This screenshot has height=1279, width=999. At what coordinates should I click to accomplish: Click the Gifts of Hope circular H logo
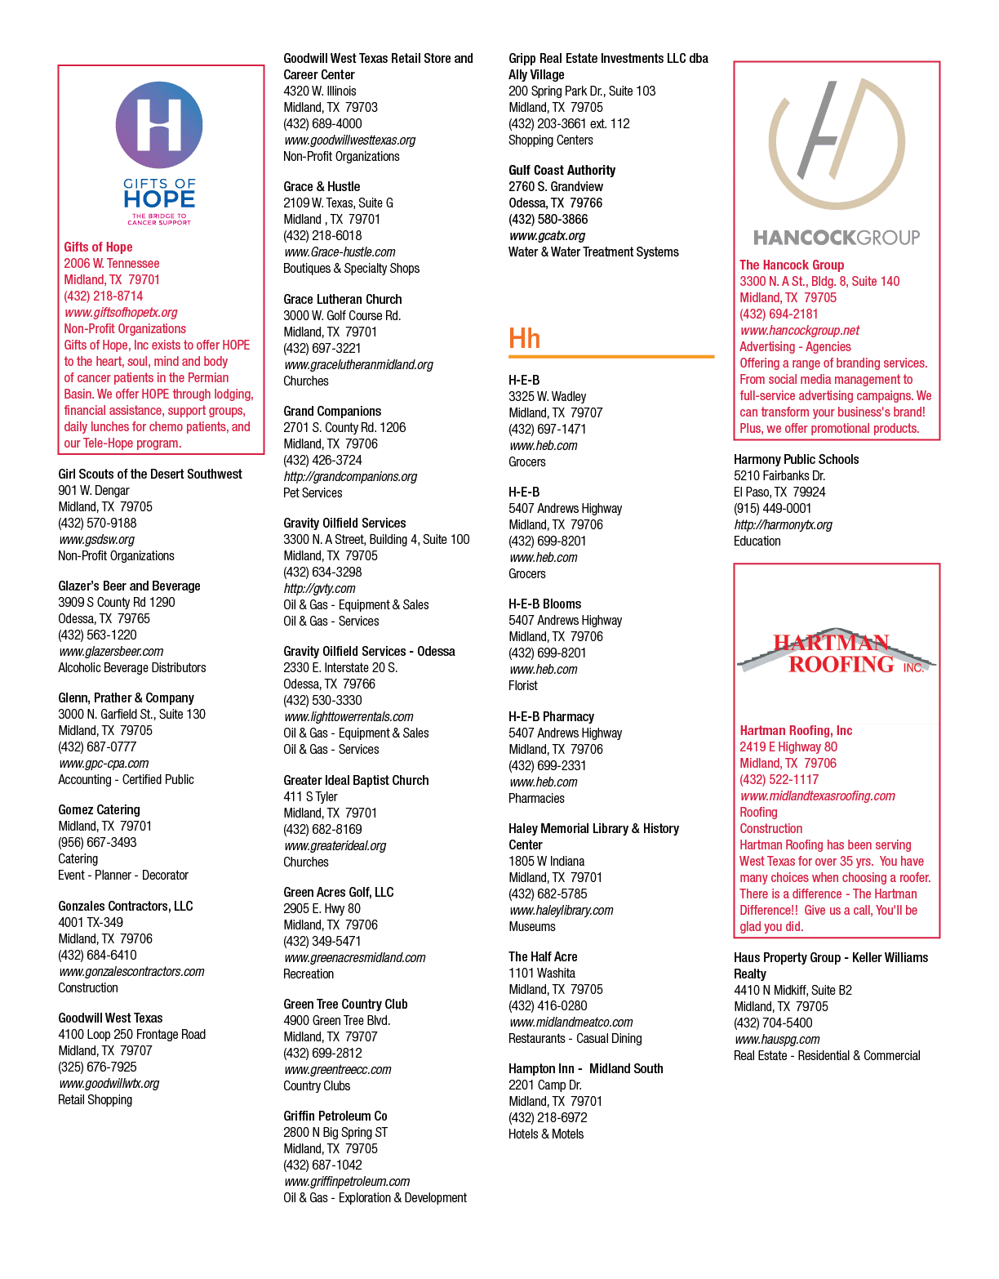[159, 125]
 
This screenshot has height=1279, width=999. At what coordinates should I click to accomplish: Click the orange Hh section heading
[524, 338]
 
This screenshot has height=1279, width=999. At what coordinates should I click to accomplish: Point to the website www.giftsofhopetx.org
[121, 313]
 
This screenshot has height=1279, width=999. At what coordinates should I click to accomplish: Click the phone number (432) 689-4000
[323, 123]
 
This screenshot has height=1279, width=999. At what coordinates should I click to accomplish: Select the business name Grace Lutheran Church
[343, 299]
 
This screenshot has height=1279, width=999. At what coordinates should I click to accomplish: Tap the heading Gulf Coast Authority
[562, 170]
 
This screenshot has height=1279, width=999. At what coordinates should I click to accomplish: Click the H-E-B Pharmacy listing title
[552, 716]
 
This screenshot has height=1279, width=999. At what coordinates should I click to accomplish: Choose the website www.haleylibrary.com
[561, 910]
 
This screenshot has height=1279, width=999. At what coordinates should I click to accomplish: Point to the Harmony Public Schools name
[796, 459]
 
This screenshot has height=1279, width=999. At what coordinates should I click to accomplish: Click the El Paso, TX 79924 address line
[779, 492]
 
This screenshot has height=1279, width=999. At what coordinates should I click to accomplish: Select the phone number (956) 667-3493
[97, 842]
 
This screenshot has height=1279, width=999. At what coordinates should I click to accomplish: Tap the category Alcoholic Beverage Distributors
[132, 667]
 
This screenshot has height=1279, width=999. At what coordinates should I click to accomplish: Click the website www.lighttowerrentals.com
[349, 717]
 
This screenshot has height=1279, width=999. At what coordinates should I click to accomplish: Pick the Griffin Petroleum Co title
[335, 1116]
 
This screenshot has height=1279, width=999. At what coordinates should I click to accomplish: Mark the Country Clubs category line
[317, 1086]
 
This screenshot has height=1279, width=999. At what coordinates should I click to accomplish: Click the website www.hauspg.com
[777, 1040]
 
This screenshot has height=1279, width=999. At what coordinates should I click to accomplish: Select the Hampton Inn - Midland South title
[586, 1068]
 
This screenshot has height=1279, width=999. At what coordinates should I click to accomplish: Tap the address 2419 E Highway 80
[788, 747]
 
